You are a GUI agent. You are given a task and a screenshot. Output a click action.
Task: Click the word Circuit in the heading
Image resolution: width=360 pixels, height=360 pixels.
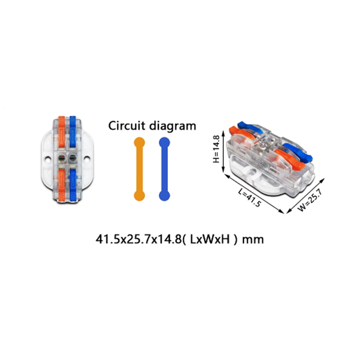click(x=127, y=126)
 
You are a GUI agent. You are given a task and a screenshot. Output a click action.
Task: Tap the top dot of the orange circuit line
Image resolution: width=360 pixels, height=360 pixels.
click(x=139, y=143)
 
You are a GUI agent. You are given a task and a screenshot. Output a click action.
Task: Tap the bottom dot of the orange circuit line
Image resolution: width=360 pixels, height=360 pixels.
click(x=139, y=196)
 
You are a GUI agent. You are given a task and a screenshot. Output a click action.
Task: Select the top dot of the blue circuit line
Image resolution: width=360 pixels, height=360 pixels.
click(x=164, y=143)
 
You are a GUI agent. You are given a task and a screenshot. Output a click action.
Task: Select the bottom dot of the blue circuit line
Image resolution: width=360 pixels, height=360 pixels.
click(x=164, y=196)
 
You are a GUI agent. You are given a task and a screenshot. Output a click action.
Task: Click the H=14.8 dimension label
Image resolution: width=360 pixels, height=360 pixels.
click(x=216, y=149)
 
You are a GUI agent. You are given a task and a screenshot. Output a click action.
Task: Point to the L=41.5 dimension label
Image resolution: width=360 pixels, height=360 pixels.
click(x=250, y=198)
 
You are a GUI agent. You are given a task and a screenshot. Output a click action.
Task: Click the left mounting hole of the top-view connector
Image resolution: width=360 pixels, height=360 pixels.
click(x=48, y=158)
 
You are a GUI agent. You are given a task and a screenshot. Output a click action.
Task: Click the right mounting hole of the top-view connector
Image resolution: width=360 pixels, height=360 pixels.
click(x=87, y=158)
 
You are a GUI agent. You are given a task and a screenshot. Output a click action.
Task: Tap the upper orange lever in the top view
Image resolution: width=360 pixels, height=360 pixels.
click(x=62, y=131)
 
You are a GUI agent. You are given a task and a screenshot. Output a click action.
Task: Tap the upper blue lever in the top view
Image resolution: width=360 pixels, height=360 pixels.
click(x=72, y=131)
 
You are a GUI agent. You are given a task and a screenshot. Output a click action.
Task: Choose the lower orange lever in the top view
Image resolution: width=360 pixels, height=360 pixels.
click(x=62, y=185)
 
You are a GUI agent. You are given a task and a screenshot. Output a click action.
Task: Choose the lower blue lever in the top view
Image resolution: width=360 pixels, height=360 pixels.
click(x=73, y=185)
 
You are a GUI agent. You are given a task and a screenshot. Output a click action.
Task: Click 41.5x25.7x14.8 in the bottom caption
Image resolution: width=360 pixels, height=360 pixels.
click(x=139, y=239)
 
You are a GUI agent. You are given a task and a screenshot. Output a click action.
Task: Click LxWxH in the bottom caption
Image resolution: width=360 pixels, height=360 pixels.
click(x=210, y=239)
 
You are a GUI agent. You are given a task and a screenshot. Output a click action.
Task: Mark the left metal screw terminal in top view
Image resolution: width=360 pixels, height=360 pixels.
click(x=62, y=157)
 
